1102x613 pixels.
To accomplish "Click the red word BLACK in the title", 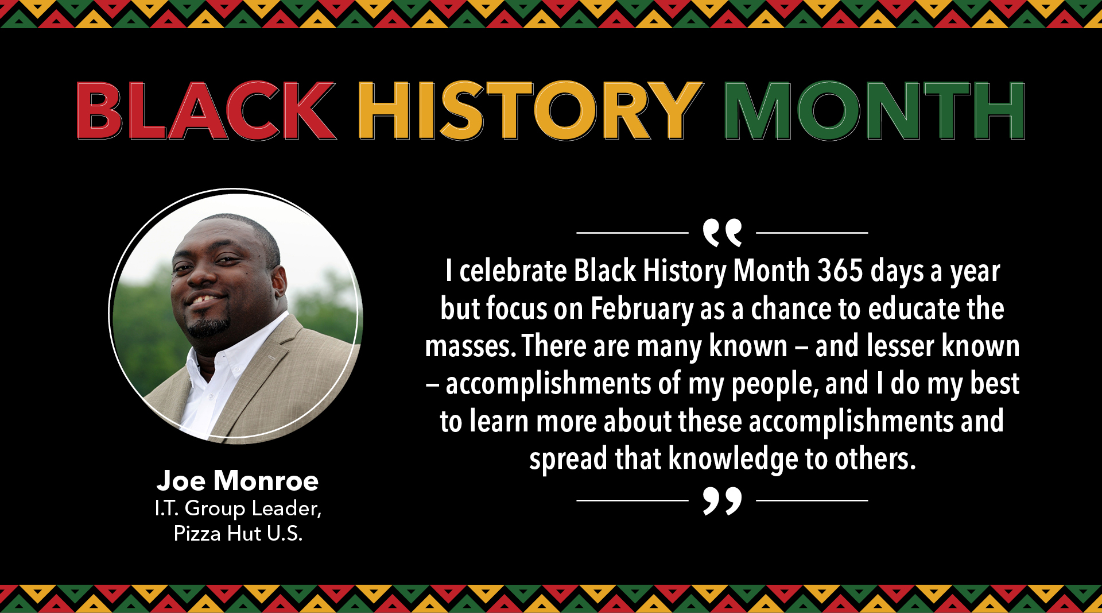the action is pos(205,110).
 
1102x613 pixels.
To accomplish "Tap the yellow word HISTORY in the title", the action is pos(530,110).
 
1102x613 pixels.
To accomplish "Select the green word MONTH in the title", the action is pos(875,110).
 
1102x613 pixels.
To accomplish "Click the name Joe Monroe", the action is pos(238,480).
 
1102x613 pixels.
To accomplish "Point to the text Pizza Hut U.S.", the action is pos(238,534).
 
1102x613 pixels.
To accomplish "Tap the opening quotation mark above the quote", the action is pos(722,232).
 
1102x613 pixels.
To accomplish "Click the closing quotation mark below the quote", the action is pos(722,501).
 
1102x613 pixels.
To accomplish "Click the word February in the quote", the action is pos(642,309).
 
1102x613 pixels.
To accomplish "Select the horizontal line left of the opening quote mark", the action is pos(633,233).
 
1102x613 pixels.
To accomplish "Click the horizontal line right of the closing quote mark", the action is pos(812,500).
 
